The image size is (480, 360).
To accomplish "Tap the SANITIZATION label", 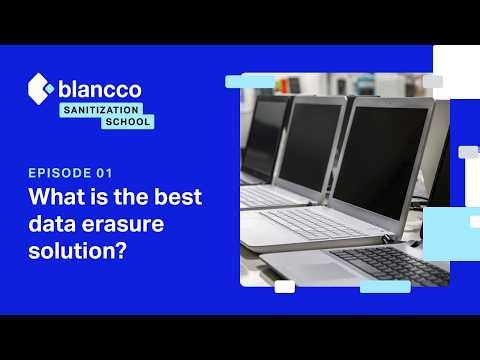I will pos(101,109).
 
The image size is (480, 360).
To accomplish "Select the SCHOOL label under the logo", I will pos(128,121).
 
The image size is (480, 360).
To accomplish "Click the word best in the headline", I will pos(177,196).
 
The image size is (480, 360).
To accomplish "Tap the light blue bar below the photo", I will pos(385,287).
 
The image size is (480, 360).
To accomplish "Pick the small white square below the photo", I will pos(284,287).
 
